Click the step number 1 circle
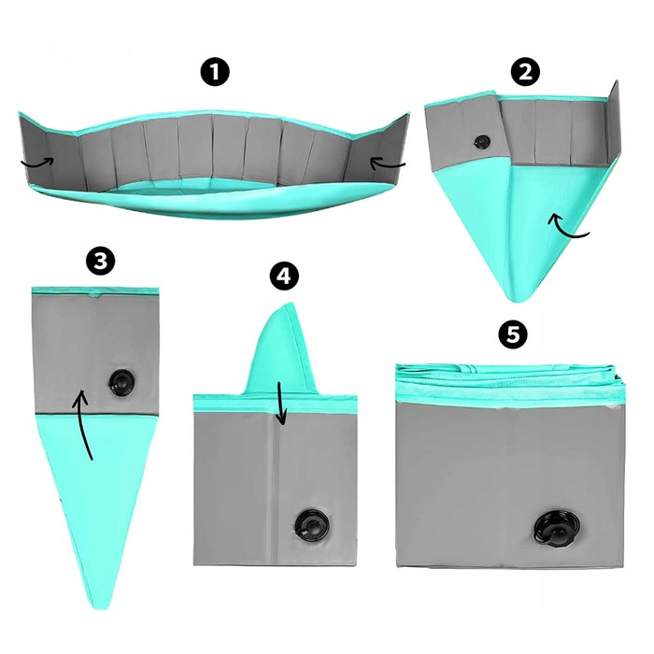(x=215, y=72)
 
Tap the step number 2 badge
(x=525, y=72)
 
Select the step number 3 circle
(x=100, y=261)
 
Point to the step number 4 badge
(x=284, y=277)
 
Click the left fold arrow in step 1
(x=37, y=163)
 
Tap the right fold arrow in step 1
(x=387, y=163)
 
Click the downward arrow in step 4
(x=281, y=404)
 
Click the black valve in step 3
(x=121, y=381)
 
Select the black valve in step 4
(x=311, y=523)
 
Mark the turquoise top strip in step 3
(x=95, y=291)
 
